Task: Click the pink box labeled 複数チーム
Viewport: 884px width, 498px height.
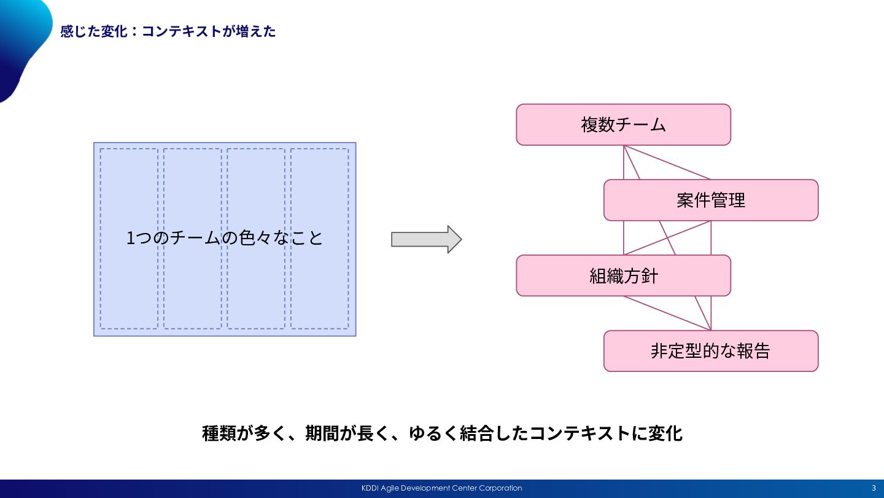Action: pyautogui.click(x=624, y=124)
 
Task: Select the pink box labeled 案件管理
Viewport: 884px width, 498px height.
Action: pyautogui.click(x=711, y=200)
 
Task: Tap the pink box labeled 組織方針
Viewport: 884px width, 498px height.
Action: pyautogui.click(x=624, y=275)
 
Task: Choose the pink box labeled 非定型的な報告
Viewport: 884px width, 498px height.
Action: pyautogui.click(x=711, y=351)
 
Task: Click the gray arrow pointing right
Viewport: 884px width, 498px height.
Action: pyautogui.click(x=426, y=239)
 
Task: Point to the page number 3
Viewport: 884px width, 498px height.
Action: pyautogui.click(x=874, y=488)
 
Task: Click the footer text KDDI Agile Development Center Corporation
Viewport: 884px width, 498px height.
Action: pyautogui.click(x=441, y=488)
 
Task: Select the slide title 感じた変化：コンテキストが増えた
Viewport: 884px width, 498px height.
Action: pyautogui.click(x=168, y=31)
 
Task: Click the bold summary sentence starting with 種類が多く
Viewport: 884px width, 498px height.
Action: pyautogui.click(x=442, y=433)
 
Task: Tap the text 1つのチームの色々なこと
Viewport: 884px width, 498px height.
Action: pyautogui.click(x=225, y=238)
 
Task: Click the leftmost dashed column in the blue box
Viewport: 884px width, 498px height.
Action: pyautogui.click(x=129, y=239)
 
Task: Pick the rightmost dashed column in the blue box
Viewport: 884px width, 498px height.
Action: pyautogui.click(x=320, y=239)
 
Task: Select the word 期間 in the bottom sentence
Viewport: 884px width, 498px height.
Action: pyautogui.click(x=322, y=433)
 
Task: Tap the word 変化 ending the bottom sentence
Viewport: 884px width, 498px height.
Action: pyautogui.click(x=665, y=433)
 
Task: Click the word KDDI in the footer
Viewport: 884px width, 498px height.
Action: pyautogui.click(x=370, y=488)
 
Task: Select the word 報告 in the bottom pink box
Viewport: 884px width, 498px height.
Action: pyautogui.click(x=753, y=351)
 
